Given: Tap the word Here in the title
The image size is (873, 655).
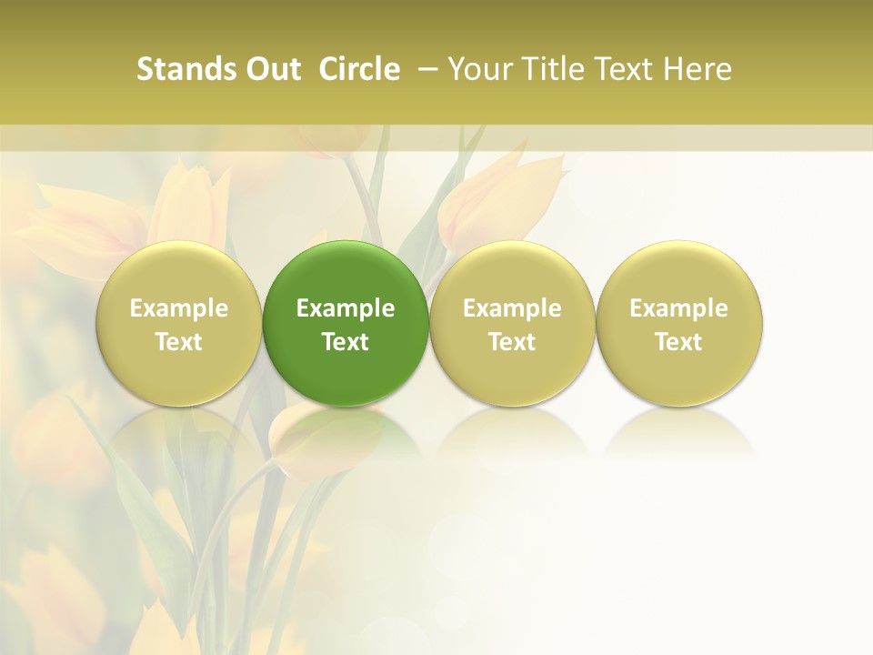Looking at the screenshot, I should click(x=697, y=69).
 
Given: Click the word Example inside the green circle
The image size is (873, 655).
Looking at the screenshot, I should click(x=346, y=308).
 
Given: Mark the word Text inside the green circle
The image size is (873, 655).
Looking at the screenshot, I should click(x=346, y=342).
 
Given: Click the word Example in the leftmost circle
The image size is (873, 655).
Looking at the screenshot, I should click(x=179, y=308).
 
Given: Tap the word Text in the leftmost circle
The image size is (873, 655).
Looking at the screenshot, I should click(x=179, y=342).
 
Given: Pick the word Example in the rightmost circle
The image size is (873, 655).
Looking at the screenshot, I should click(x=678, y=308).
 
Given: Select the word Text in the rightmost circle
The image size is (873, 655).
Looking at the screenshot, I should click(x=678, y=342).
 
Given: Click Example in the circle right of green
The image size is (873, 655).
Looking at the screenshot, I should click(x=512, y=308).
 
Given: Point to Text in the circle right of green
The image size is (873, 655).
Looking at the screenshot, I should click(x=512, y=342).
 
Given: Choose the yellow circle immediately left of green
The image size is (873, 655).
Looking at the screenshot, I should click(x=179, y=273).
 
